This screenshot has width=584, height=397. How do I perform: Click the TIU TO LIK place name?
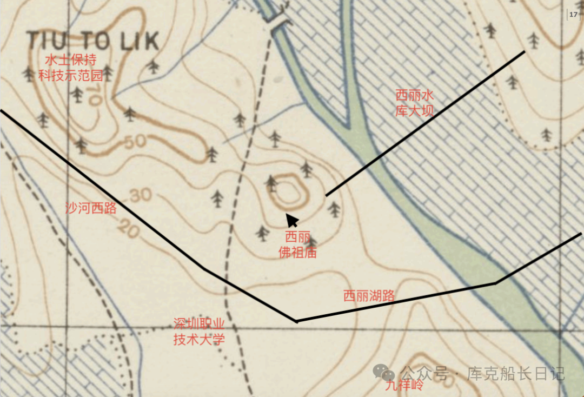93,41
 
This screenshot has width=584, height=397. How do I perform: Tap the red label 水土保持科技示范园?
70,67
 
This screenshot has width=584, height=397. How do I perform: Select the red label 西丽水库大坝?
415,103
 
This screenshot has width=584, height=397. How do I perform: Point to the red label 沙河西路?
91,208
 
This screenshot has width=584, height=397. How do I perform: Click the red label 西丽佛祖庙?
297,245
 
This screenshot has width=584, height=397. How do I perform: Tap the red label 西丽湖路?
369,296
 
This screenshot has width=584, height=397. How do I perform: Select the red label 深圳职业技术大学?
198,332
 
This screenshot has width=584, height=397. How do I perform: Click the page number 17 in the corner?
573,15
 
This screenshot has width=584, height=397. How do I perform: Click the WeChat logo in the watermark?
387,373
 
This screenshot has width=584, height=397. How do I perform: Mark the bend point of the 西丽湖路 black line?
296,321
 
